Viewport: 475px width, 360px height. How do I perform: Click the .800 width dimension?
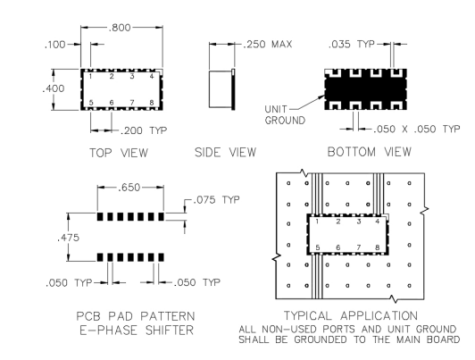[x=120, y=28]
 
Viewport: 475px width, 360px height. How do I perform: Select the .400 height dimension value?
[x=54, y=88]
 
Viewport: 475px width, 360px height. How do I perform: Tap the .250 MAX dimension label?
[x=268, y=45]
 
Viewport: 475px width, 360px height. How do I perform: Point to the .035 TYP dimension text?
[x=352, y=45]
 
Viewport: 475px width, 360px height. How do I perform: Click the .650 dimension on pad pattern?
[x=129, y=188]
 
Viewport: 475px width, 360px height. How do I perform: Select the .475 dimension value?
[x=68, y=238]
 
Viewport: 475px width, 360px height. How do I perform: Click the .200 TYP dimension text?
[x=144, y=130]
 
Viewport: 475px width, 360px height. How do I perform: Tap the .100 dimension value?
[x=54, y=45]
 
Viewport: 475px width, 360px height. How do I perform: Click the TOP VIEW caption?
[x=119, y=153]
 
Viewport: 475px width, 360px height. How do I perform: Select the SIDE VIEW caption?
[x=225, y=152]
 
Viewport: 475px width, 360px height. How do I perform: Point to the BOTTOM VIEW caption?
[x=370, y=152]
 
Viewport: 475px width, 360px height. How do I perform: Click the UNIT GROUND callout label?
[x=285, y=114]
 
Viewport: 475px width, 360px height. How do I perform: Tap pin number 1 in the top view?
[x=90, y=76]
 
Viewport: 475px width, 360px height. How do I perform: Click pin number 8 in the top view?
[x=152, y=103]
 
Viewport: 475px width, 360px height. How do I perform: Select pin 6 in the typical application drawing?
[x=338, y=247]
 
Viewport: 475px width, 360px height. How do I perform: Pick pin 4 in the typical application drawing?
[x=377, y=222]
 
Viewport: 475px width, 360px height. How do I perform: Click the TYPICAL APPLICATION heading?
[x=351, y=315]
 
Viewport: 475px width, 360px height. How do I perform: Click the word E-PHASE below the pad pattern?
[x=109, y=330]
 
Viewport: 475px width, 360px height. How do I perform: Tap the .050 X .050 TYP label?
[x=416, y=130]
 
